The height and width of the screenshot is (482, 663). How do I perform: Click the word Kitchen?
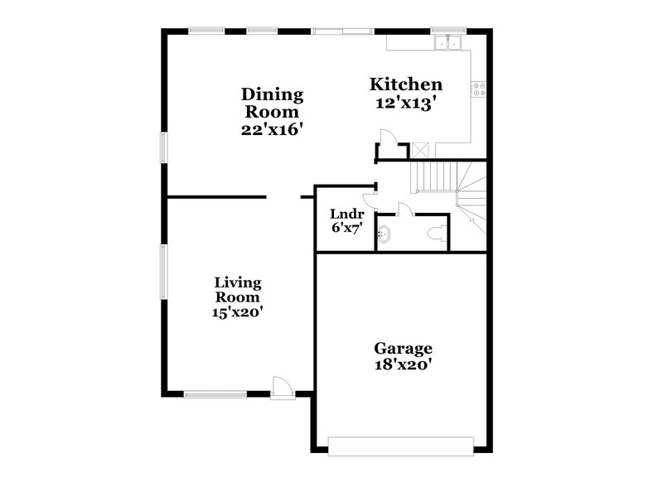coord(405,84)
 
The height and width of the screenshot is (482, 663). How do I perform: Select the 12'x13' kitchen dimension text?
coord(405,104)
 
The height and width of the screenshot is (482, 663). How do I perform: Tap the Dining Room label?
coord(272,103)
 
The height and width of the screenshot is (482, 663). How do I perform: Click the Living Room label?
coord(238,289)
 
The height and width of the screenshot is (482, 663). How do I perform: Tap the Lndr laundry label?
coord(341,214)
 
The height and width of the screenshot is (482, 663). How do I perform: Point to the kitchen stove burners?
coord(479,89)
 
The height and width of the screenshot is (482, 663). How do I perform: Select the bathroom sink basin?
coord(385,233)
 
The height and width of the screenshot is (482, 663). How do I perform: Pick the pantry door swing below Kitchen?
coord(386,137)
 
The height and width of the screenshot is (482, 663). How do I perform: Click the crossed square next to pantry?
coord(420,150)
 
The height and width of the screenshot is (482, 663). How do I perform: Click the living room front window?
coord(214,394)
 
